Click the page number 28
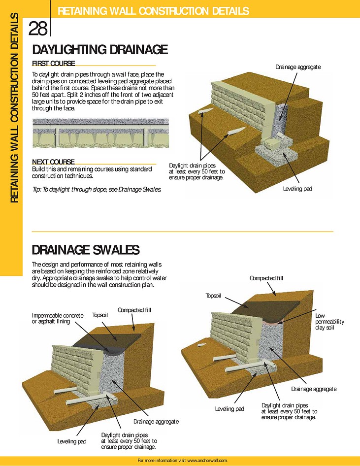pos(38,29)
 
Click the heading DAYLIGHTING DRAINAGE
pos(100,50)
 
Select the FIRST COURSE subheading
pos(54,64)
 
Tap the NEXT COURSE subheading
pos(54,162)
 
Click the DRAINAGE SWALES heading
pos(86,250)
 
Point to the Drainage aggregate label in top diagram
pos(298,67)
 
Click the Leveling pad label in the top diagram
pos(297,189)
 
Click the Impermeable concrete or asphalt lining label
pos(58,318)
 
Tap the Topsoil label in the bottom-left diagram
pos(100,315)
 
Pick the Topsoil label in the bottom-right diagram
pos(214,296)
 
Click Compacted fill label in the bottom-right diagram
pos(266,278)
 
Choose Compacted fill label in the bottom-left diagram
pos(134,310)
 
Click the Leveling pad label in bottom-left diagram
pos(72,442)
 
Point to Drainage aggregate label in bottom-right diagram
pos(314,389)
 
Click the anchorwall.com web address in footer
pos(207,461)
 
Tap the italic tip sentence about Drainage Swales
pos(97,189)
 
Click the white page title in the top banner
pos(153,11)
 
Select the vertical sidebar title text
pos(15,108)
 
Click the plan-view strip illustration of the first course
pos(100,133)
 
